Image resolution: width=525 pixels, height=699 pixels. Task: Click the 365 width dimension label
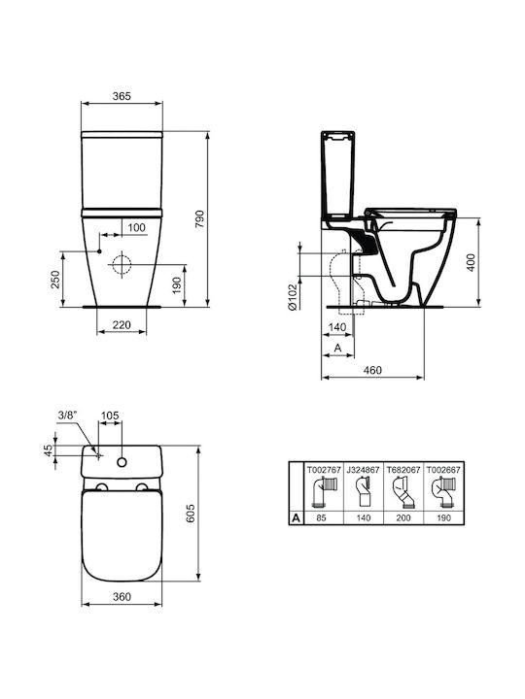point(122,96)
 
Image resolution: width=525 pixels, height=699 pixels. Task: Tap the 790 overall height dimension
point(199,218)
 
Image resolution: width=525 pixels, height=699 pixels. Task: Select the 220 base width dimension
point(122,325)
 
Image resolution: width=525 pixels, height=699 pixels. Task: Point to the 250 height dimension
point(54,280)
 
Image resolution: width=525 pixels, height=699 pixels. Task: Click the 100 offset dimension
point(137,227)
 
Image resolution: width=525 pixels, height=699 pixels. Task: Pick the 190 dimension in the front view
point(177,285)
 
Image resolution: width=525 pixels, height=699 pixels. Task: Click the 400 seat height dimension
point(471,262)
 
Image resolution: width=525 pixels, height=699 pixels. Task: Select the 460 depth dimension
point(372,370)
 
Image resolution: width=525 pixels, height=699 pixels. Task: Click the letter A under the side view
point(338,348)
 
